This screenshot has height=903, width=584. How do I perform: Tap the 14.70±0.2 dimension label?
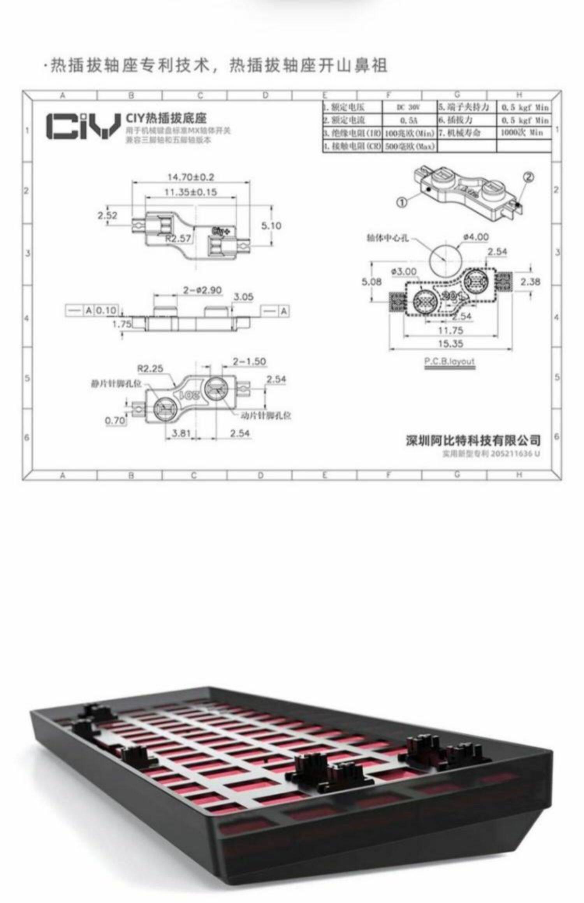point(191,177)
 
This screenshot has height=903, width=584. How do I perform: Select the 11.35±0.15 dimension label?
point(191,192)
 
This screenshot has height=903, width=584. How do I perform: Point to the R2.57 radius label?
point(178,238)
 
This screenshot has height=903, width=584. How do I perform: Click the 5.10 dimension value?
point(271,226)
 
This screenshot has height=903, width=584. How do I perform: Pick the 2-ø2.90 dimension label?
point(202,290)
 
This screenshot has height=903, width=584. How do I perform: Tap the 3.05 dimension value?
point(243,297)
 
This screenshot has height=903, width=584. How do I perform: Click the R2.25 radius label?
point(150,368)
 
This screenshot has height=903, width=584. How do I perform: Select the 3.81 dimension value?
point(181,433)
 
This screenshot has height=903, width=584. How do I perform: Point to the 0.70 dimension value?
point(115,420)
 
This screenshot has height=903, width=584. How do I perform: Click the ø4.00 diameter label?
point(476,237)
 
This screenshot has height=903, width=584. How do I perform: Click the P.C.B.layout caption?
point(450,361)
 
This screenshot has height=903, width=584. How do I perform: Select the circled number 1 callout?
point(402,202)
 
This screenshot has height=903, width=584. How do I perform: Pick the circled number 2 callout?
point(528,177)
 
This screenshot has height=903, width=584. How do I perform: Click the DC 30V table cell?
point(408,107)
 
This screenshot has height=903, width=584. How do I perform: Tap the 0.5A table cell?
point(408,121)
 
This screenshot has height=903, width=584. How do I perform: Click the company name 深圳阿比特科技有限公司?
point(473,441)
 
